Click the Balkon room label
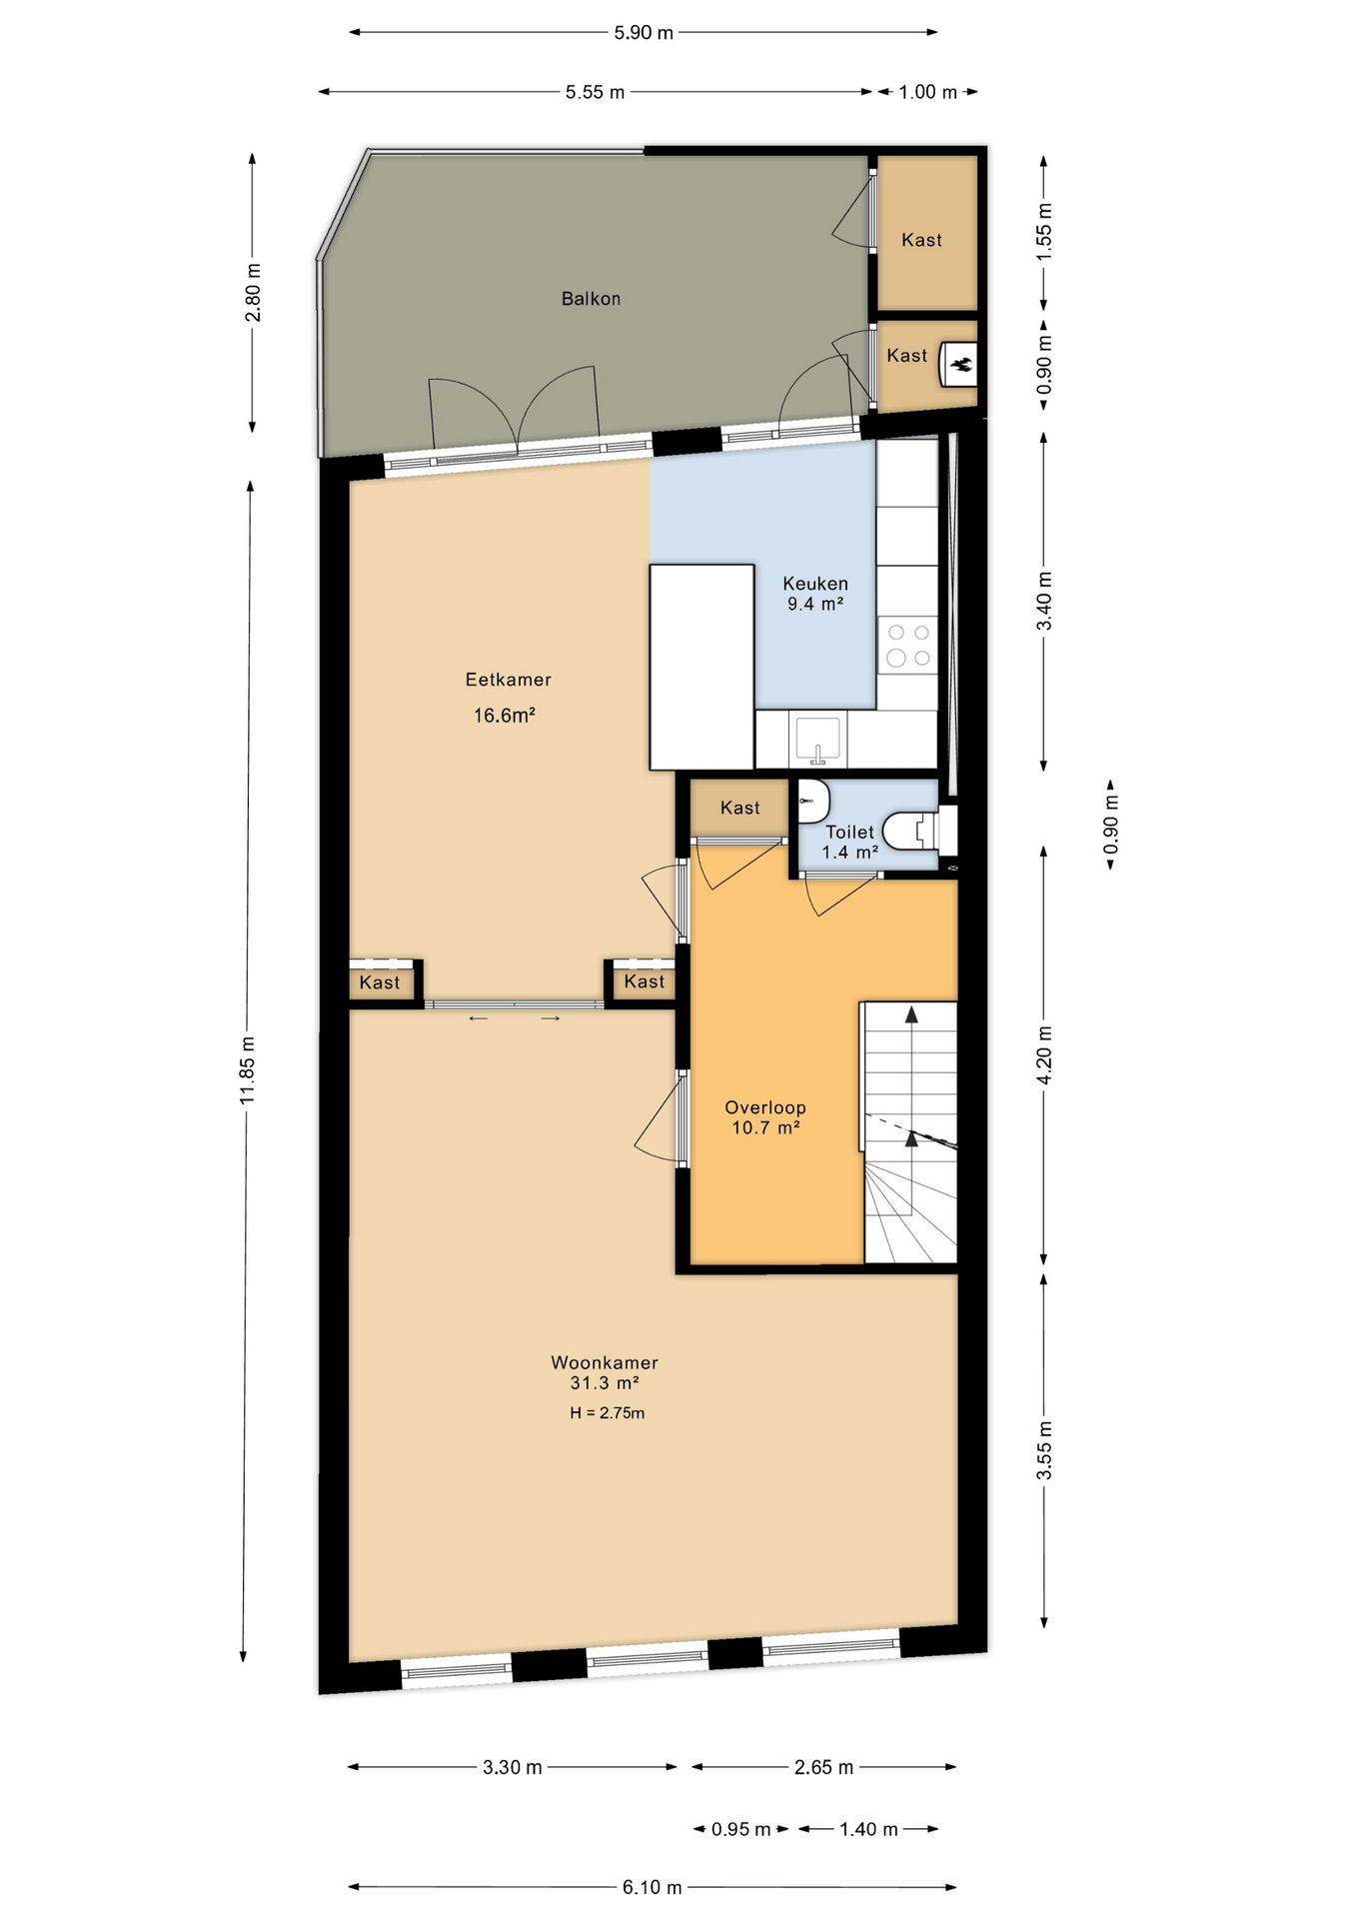coord(591,299)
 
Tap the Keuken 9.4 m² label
coord(815,594)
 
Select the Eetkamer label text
coord(509,680)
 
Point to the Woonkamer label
coord(605,1362)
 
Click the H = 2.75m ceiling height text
coord(608,1413)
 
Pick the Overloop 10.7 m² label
coord(765,1117)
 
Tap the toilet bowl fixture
coord(914,830)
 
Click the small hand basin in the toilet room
coord(813,801)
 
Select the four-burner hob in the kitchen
coord(908,645)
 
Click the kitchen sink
coord(817,740)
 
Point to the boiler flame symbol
coord(961,366)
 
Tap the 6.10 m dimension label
coord(653,1887)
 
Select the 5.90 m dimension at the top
coord(644,32)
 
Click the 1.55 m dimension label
coord(1044,232)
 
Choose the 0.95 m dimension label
coord(741,1829)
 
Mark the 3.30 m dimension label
coord(513,1767)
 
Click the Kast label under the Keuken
coord(740,808)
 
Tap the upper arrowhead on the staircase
coord(911,1014)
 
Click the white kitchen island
coord(701,668)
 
